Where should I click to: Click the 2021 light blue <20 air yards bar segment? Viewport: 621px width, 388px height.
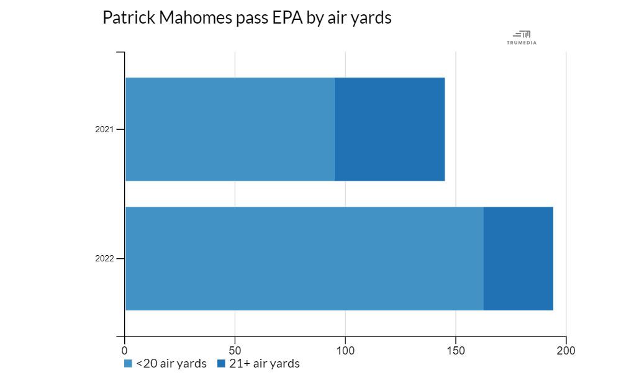point(230,129)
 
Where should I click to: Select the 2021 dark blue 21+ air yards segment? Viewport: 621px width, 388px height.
point(389,129)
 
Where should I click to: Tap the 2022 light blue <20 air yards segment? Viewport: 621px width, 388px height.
point(304,258)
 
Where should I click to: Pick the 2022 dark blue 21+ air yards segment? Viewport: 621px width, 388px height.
point(518,258)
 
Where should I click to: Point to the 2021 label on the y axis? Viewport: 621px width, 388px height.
point(104,130)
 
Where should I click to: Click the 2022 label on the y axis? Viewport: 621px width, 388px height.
point(104,259)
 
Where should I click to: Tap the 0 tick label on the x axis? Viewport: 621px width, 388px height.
point(125,350)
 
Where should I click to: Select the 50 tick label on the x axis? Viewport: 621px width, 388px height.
point(235,350)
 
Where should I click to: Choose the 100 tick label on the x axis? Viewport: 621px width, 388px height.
point(345,350)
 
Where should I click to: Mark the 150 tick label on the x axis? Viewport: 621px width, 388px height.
point(456,350)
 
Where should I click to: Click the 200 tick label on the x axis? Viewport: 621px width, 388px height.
point(566,350)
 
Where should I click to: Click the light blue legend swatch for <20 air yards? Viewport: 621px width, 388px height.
point(129,364)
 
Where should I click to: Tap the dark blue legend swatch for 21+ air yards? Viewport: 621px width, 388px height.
point(222,364)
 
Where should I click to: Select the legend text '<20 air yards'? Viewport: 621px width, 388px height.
point(171,364)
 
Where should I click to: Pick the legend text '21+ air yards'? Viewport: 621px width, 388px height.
point(264,364)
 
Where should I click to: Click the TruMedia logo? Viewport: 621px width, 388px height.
point(522,38)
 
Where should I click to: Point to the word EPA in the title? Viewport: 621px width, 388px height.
point(288,18)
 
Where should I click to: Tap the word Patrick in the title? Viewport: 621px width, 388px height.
point(128,18)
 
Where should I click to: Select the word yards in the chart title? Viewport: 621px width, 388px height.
point(371,19)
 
